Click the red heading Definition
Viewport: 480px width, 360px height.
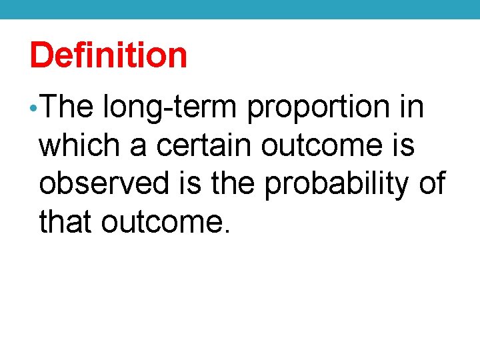click(x=109, y=55)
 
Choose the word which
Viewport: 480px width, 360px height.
click(x=80, y=146)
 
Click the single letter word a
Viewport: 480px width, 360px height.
click(x=139, y=147)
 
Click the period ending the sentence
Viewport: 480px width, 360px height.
click(x=227, y=231)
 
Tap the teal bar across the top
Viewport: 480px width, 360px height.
click(x=240, y=9)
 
